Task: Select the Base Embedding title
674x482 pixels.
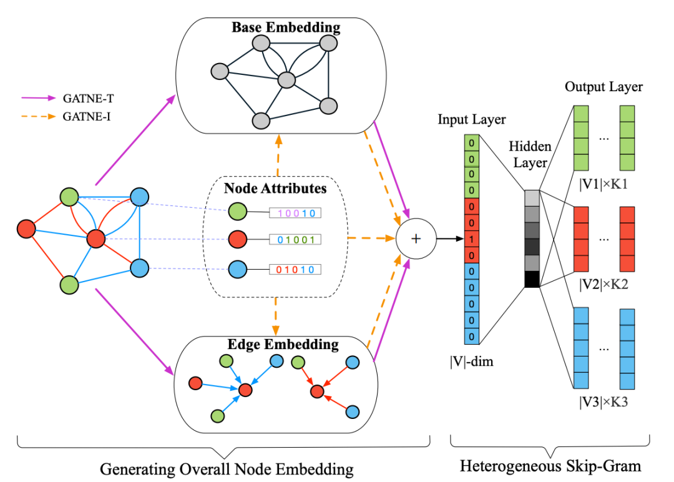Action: [x=286, y=27]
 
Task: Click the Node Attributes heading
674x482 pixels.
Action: [x=275, y=187]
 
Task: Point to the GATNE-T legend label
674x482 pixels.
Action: [x=86, y=98]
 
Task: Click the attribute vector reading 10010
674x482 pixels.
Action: [x=295, y=213]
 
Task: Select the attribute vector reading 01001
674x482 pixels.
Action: [x=295, y=239]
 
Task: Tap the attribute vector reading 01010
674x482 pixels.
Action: [x=295, y=270]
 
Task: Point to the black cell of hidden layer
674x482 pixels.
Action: [x=532, y=279]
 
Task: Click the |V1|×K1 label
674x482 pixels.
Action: [x=602, y=185]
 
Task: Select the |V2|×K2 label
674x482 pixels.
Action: [x=602, y=285]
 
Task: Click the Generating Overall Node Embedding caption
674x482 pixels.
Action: [x=227, y=468]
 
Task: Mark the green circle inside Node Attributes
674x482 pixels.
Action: [x=237, y=211]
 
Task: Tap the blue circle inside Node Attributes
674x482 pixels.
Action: [x=237, y=270]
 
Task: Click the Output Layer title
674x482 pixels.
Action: [x=603, y=87]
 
